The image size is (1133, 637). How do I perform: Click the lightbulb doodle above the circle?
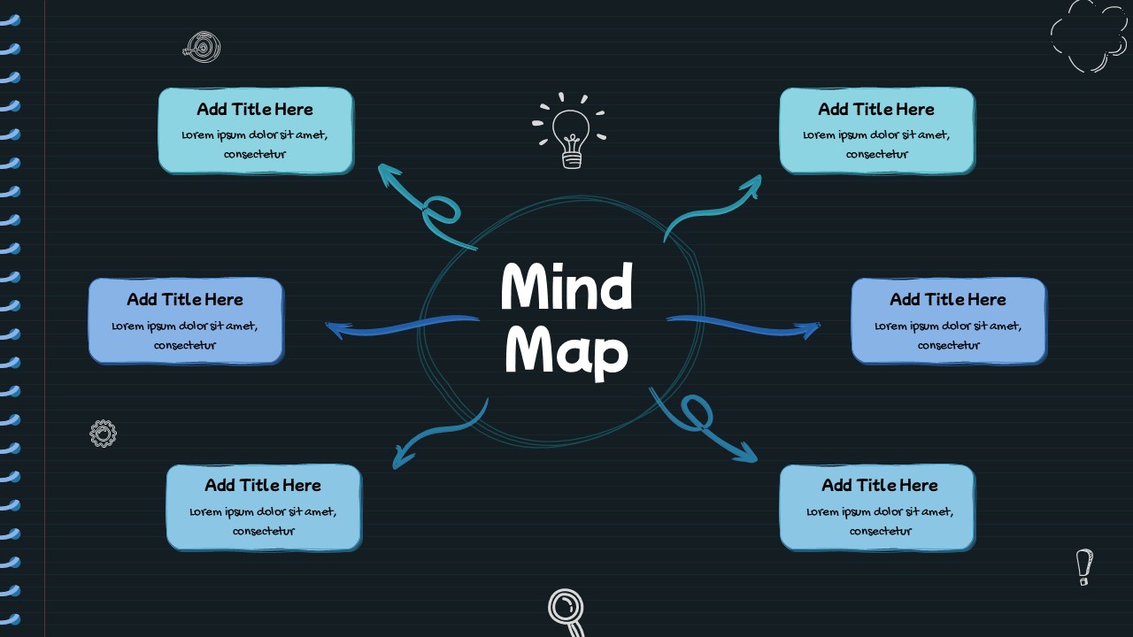click(571, 133)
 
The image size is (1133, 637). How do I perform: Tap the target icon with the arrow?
click(204, 47)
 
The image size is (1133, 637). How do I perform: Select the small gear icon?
click(104, 434)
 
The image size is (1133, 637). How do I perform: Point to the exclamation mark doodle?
click(1084, 566)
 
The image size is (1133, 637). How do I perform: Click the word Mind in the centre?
click(566, 288)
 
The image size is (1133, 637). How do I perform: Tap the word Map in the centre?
click(566, 351)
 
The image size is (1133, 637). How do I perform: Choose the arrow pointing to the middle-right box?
click(744, 326)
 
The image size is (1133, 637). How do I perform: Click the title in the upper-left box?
click(255, 110)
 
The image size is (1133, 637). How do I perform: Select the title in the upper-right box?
click(876, 110)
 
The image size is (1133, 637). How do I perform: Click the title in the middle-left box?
click(185, 300)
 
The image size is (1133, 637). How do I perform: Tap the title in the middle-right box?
click(948, 300)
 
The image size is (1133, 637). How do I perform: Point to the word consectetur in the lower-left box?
click(264, 532)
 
